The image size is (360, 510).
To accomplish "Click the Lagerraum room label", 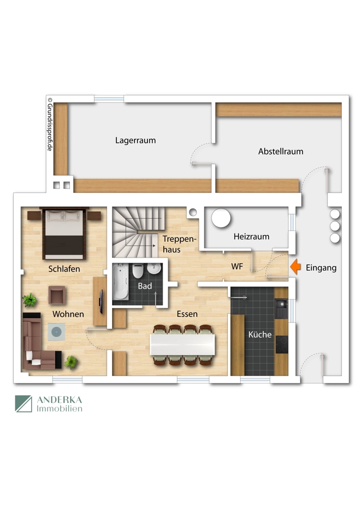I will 135,140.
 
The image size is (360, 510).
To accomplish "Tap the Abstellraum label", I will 280,151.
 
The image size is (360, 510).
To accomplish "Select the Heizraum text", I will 251,237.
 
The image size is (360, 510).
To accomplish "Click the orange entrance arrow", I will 295,267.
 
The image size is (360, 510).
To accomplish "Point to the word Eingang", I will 321,267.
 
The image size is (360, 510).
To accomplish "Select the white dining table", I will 183,345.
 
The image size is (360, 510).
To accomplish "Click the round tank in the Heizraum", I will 221,218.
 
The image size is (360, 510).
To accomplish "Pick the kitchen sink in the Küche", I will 281,306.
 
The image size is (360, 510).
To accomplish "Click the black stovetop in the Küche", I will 281,345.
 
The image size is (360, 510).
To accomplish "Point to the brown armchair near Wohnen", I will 57,295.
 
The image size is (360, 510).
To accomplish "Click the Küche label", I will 260,335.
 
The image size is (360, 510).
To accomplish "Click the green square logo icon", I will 23,404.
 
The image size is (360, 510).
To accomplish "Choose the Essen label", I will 187,314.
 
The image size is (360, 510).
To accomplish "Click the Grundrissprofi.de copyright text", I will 50,124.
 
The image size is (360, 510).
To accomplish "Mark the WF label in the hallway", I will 237,266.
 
